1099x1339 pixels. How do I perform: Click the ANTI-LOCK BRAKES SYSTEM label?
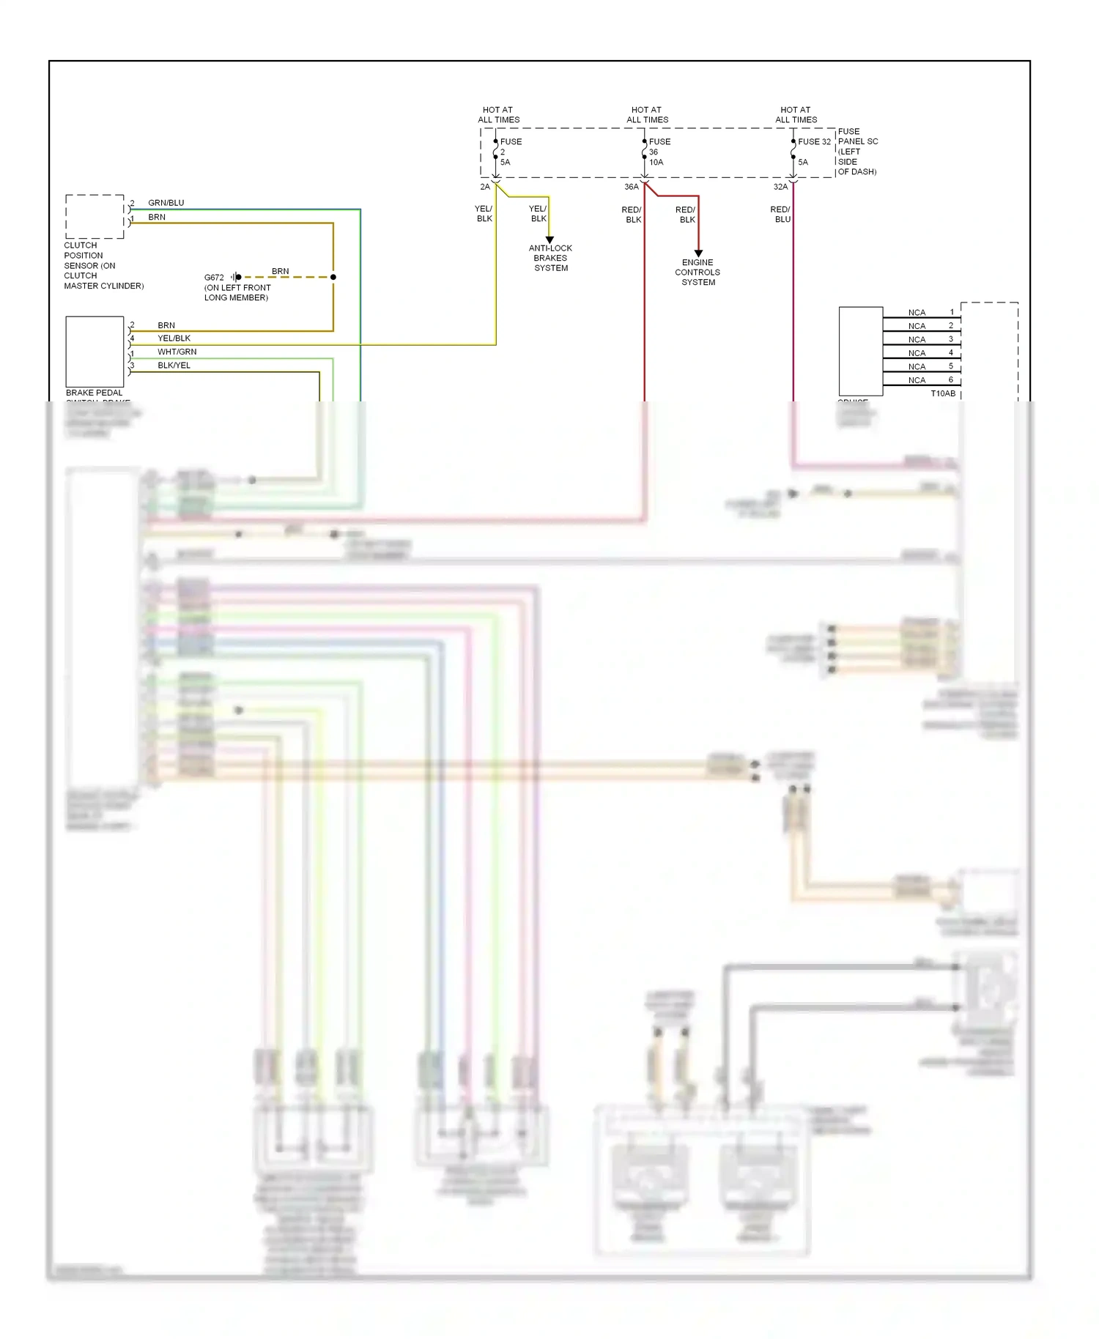[550, 258]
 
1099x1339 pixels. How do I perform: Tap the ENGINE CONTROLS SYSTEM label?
[697, 272]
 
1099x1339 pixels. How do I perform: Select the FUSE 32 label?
[814, 141]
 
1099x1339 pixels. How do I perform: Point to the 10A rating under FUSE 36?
[656, 162]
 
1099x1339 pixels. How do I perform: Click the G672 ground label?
[214, 278]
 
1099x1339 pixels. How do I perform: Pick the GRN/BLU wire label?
[166, 203]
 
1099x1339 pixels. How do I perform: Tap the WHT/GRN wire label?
[177, 352]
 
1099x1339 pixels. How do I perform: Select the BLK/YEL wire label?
[174, 365]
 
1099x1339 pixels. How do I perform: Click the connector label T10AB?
[943, 393]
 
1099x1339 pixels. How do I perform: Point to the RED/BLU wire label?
[780, 214]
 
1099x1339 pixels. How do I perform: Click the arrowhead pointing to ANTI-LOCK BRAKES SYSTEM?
[549, 240]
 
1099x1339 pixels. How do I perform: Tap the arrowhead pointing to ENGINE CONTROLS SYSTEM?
[698, 253]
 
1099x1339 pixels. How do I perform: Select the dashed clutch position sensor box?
[95, 217]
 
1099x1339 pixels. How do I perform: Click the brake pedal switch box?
[95, 352]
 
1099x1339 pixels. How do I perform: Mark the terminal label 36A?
[631, 187]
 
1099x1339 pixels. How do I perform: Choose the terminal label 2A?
[485, 187]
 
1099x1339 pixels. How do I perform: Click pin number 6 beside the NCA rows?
[951, 379]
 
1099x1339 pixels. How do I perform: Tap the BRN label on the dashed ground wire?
[280, 271]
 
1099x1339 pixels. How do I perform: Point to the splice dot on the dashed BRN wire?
[333, 277]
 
